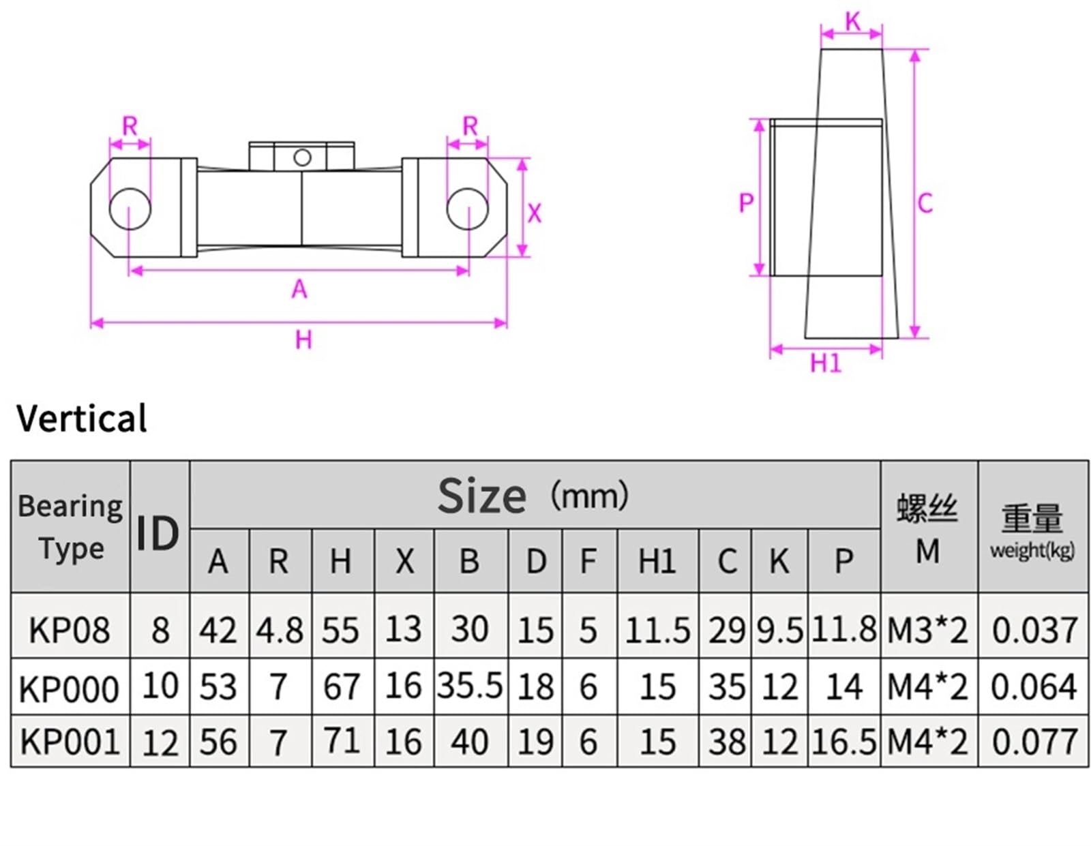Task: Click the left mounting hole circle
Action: [130, 209]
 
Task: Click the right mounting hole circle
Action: [467, 209]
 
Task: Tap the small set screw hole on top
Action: [301, 157]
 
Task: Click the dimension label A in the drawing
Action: [299, 290]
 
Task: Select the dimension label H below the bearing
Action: [303, 339]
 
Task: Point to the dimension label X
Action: [535, 213]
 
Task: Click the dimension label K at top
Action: [852, 22]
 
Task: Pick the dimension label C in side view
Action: [925, 203]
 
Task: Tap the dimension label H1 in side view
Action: [826, 363]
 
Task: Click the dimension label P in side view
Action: [747, 202]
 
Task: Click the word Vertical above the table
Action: [81, 418]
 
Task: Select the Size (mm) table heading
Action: [532, 496]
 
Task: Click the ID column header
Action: [158, 533]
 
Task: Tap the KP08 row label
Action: [70, 630]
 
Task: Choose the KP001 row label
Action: [70, 742]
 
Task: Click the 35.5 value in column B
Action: [470, 686]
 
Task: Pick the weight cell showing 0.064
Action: [1033, 686]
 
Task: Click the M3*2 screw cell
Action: [927, 630]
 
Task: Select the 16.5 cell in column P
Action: [843, 742]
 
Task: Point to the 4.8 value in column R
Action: [280, 630]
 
